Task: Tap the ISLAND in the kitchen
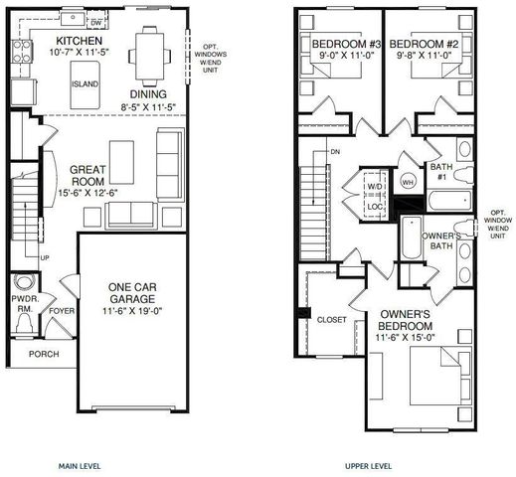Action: coord(84,84)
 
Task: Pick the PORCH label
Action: coord(43,354)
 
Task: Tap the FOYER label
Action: coord(63,309)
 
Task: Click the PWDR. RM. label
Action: coord(25,304)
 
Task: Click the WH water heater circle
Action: coord(408,183)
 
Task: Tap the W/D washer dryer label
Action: coord(376,186)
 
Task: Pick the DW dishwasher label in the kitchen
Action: coord(95,21)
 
